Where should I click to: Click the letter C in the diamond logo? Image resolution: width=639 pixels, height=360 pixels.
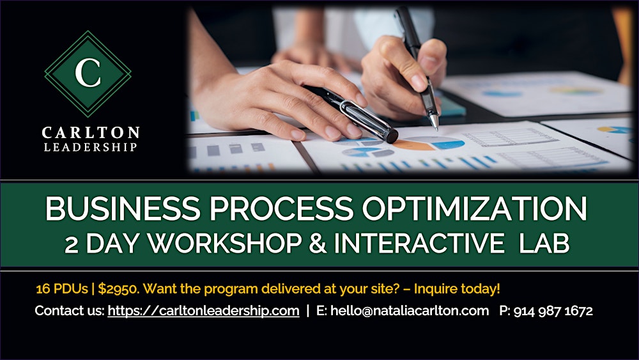point(88,74)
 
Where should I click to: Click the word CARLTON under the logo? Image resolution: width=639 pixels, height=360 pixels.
point(90,133)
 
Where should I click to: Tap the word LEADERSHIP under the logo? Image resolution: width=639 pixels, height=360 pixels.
point(90,147)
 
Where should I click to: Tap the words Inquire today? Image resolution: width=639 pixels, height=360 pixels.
point(457,288)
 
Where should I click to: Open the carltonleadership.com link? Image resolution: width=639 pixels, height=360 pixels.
point(203,311)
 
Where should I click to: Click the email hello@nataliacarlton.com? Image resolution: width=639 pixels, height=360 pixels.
point(410,311)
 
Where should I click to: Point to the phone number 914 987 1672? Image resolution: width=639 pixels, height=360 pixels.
point(553,311)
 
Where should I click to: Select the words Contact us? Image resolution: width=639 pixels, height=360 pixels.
point(69,311)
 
